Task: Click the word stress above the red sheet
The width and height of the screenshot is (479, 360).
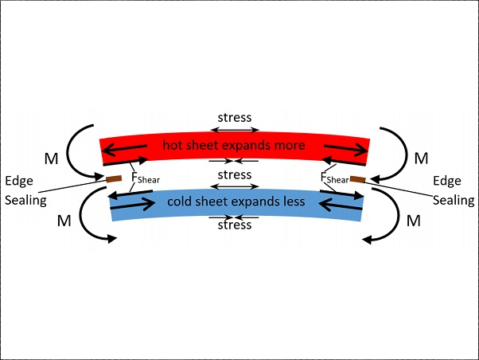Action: tap(235, 117)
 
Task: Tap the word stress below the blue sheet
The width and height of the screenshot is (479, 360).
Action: tap(235, 225)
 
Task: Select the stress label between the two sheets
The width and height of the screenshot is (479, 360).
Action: tap(235, 175)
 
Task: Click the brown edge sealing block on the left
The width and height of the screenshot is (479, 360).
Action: tap(114, 179)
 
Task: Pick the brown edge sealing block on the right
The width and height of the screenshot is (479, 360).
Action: tap(358, 179)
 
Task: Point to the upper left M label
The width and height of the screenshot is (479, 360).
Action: tap(51, 158)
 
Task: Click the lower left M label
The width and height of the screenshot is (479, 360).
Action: tap(64, 221)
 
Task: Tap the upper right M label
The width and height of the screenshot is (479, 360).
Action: tap(421, 158)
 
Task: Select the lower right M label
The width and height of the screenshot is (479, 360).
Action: tap(413, 221)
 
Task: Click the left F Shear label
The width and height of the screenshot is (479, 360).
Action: tap(146, 178)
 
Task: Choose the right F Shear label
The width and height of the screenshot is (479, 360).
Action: tap(335, 178)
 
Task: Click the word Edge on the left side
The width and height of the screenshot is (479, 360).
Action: tap(19, 182)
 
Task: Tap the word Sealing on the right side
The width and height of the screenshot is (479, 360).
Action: tap(454, 201)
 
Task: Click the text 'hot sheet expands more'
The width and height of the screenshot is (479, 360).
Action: tap(234, 145)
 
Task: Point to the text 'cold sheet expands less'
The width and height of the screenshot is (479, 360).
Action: tap(236, 202)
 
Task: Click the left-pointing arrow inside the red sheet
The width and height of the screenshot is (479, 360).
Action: tap(124, 149)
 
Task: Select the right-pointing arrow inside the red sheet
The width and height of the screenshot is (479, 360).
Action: tap(346, 148)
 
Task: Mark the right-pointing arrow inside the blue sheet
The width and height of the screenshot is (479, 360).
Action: tap(132, 205)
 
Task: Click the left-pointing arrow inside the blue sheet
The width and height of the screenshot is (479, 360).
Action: tap(341, 205)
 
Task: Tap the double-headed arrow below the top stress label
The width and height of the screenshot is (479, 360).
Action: tap(235, 130)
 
